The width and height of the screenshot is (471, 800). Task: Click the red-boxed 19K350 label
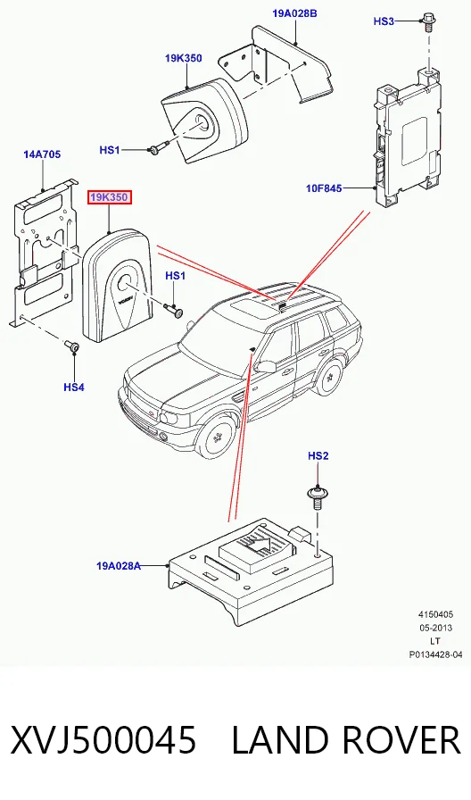pyautogui.click(x=110, y=197)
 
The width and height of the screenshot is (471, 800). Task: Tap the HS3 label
pyautogui.click(x=384, y=21)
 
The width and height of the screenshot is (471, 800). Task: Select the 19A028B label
pyautogui.click(x=294, y=13)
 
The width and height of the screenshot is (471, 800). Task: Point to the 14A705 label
pyautogui.click(x=42, y=154)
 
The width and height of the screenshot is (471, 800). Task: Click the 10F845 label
pyautogui.click(x=324, y=188)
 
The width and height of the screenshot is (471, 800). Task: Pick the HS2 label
pyautogui.click(x=318, y=455)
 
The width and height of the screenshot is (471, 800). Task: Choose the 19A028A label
pyautogui.click(x=119, y=565)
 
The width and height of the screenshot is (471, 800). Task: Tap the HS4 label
pyautogui.click(x=74, y=387)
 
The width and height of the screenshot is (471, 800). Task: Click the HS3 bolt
pyautogui.click(x=428, y=23)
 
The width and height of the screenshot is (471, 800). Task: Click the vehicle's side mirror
pyautogui.click(x=266, y=366)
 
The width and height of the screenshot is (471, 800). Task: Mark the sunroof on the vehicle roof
pyautogui.click(x=252, y=309)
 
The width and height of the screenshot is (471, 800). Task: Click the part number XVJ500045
pyautogui.click(x=103, y=741)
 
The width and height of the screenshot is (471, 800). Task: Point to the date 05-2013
pyautogui.click(x=435, y=628)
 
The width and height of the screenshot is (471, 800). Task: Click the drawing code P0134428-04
pyautogui.click(x=435, y=654)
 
